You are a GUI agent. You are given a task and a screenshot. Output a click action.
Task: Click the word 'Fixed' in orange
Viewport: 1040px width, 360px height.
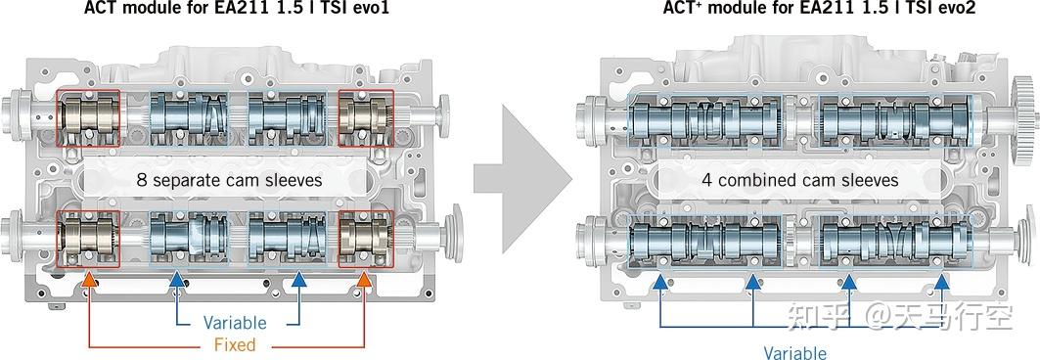[235, 344]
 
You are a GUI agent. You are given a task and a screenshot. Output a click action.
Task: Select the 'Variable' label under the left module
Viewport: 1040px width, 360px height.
[235, 322]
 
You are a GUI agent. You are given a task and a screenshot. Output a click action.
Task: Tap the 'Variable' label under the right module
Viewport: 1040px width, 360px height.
[794, 352]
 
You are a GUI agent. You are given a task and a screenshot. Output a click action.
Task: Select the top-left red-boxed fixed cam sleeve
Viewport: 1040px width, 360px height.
[89, 119]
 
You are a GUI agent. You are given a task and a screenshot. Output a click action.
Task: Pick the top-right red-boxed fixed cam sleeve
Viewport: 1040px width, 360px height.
[366, 119]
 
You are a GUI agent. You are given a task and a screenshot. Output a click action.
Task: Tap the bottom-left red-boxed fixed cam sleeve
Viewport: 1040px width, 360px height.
[89, 239]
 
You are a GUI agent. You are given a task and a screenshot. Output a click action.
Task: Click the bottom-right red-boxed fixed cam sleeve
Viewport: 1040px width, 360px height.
[366, 239]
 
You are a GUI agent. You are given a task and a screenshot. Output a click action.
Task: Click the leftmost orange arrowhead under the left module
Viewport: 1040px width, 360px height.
[89, 282]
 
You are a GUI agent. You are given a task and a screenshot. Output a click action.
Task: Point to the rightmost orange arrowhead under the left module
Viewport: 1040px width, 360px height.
[366, 282]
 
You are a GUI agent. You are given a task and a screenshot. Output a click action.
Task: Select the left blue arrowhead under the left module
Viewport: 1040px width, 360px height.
[177, 282]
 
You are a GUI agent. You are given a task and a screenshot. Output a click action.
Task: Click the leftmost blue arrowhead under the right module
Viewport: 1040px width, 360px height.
[660, 282]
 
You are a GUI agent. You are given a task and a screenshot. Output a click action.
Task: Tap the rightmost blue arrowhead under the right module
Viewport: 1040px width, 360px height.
[941, 282]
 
